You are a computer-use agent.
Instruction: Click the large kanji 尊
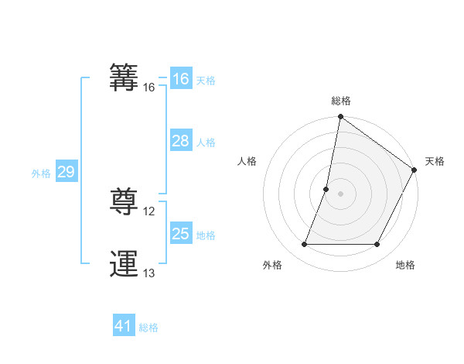pyautogui.click(x=125, y=202)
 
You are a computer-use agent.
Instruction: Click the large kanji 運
pyautogui.click(x=125, y=264)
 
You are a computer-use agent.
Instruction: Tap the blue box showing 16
pyautogui.click(x=180, y=79)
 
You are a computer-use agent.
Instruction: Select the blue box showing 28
pyautogui.click(x=180, y=141)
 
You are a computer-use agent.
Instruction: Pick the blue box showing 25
pyautogui.click(x=180, y=234)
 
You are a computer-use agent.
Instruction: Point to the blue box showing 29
pyautogui.click(x=66, y=172)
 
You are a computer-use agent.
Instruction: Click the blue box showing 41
pyautogui.click(x=123, y=326)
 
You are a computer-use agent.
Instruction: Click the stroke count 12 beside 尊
pyautogui.click(x=149, y=211)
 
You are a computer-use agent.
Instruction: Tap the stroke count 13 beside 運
pyautogui.click(x=149, y=273)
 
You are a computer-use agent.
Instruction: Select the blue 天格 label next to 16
pyautogui.click(x=206, y=81)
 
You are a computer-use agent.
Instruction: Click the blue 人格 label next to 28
pyautogui.click(x=206, y=143)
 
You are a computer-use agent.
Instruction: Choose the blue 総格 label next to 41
pyautogui.click(x=148, y=328)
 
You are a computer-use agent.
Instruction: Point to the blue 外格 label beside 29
pyautogui.click(x=41, y=173)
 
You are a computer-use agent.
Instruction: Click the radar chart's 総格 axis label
pyautogui.click(x=341, y=101)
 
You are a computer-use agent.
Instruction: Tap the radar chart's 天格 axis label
pyautogui.click(x=435, y=161)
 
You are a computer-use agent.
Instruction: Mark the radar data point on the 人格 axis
pyautogui.click(x=326, y=189)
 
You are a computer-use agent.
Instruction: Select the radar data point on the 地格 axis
pyautogui.click(x=377, y=245)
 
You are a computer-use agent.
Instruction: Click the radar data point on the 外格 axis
pyautogui.click(x=304, y=245)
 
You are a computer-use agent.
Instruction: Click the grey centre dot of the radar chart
pyautogui.click(x=340, y=194)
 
